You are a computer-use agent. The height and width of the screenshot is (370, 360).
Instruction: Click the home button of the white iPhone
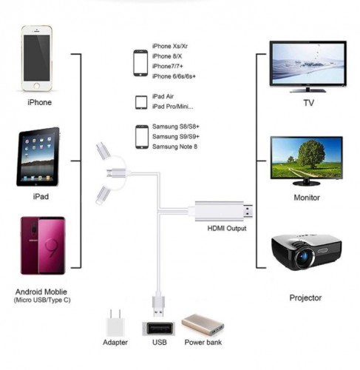37,86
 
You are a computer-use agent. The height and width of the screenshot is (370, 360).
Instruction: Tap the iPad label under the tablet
41,197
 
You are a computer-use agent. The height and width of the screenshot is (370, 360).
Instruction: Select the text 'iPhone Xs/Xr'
170,46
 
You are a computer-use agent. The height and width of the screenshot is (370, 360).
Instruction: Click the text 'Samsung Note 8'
174,147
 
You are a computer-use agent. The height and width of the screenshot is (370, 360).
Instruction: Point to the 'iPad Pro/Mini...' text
172,107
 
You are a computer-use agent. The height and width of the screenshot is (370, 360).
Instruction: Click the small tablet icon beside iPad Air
141,102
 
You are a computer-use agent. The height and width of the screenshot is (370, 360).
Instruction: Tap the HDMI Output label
227,229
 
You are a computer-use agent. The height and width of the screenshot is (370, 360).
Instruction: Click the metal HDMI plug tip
248,212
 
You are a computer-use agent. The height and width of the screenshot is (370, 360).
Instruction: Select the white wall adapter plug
115,323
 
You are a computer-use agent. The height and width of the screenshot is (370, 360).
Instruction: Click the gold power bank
203,324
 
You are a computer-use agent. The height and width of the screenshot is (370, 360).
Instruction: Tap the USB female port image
159,329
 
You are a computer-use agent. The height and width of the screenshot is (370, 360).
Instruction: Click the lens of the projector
305,257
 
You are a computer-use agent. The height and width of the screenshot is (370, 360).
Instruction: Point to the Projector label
305,298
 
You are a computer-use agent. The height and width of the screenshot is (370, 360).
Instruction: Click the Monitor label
307,198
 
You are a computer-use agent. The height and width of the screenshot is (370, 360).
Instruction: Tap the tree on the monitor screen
310,154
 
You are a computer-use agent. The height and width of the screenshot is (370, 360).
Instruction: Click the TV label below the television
308,103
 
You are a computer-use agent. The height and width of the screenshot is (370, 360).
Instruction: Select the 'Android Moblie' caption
41,292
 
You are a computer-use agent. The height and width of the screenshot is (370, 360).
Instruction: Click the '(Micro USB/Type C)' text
42,300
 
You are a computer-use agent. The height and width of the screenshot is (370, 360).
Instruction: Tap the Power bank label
203,343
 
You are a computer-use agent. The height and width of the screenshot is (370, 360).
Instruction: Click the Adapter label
115,343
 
